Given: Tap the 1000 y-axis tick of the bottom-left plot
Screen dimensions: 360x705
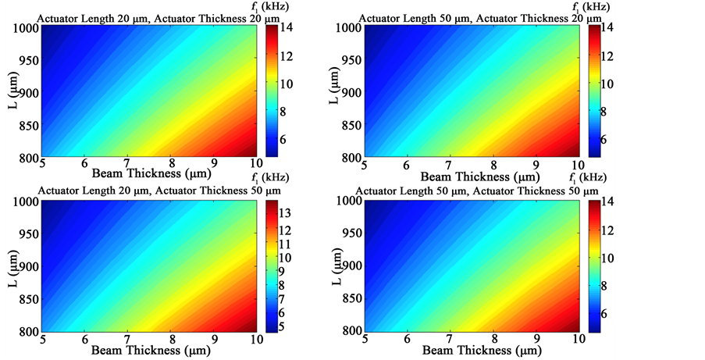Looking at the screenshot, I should [23, 201].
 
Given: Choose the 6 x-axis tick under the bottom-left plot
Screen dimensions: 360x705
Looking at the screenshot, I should [85, 340].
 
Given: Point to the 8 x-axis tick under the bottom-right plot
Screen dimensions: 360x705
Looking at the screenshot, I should [492, 340].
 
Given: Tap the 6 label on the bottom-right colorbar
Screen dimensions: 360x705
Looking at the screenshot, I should [604, 313].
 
